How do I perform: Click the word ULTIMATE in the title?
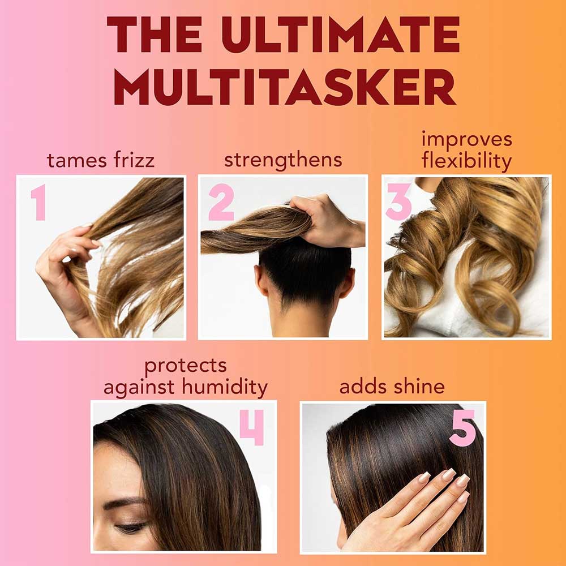(x=340, y=35)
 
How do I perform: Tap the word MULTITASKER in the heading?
(x=285, y=87)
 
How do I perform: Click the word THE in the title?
(x=155, y=35)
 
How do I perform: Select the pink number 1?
(x=38, y=202)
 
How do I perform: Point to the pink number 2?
(x=221, y=202)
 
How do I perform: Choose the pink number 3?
(x=398, y=202)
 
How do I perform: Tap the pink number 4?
(x=252, y=427)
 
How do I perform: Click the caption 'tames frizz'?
(x=101, y=160)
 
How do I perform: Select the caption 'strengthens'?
(x=283, y=160)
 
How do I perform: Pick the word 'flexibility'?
(x=466, y=161)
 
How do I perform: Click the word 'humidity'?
(x=225, y=387)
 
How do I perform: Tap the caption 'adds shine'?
(x=392, y=387)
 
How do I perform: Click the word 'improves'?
(x=467, y=140)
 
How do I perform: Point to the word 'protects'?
(x=186, y=366)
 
